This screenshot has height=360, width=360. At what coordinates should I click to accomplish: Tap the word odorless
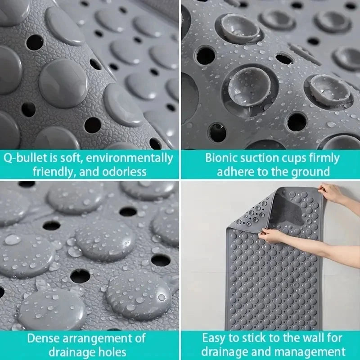point(124,172)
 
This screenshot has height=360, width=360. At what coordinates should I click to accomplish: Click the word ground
point(310,172)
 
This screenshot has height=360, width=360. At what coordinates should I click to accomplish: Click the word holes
point(112,352)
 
